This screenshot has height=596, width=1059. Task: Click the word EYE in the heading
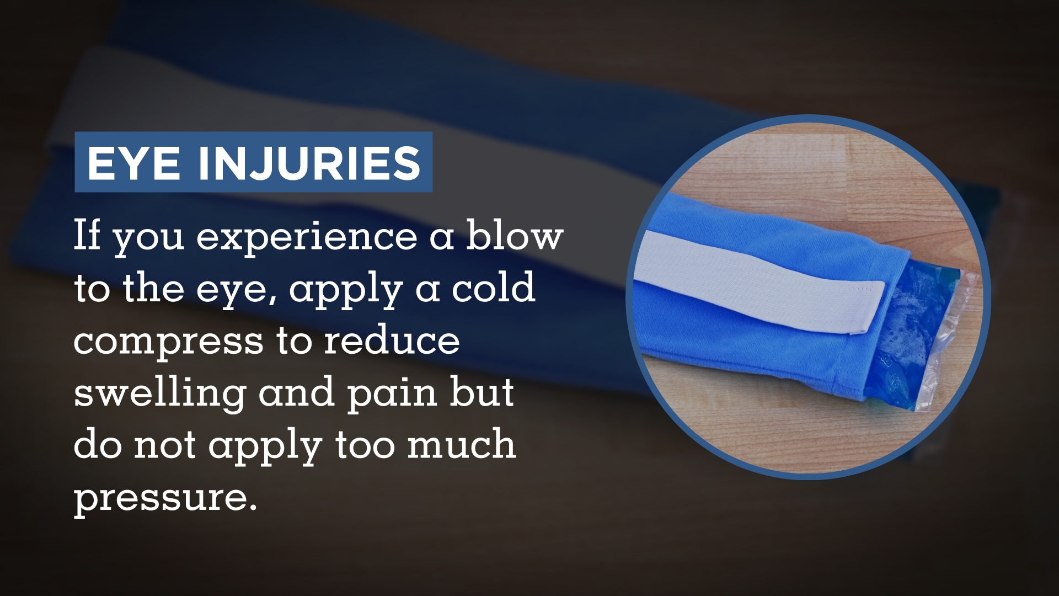132,163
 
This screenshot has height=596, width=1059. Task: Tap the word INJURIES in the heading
309,163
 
